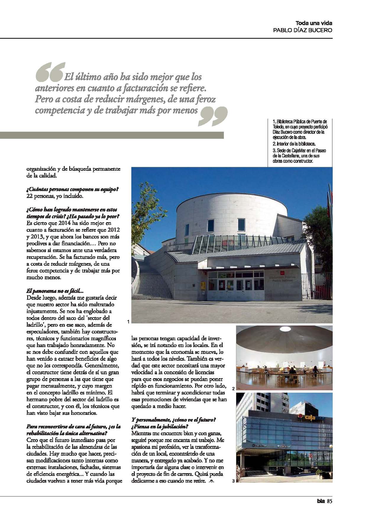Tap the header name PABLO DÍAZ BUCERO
(x=303, y=30)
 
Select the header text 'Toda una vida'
(x=314, y=23)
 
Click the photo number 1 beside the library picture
(x=128, y=321)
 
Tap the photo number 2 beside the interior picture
(x=233, y=389)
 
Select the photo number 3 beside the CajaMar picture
(x=233, y=481)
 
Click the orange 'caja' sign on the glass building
(x=308, y=418)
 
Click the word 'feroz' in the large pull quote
(x=204, y=99)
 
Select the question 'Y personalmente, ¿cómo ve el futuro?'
(x=174, y=420)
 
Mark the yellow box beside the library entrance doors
(x=203, y=286)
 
